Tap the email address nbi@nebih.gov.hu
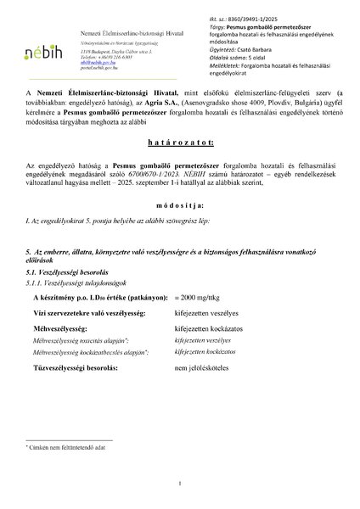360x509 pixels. [x=94, y=62]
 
